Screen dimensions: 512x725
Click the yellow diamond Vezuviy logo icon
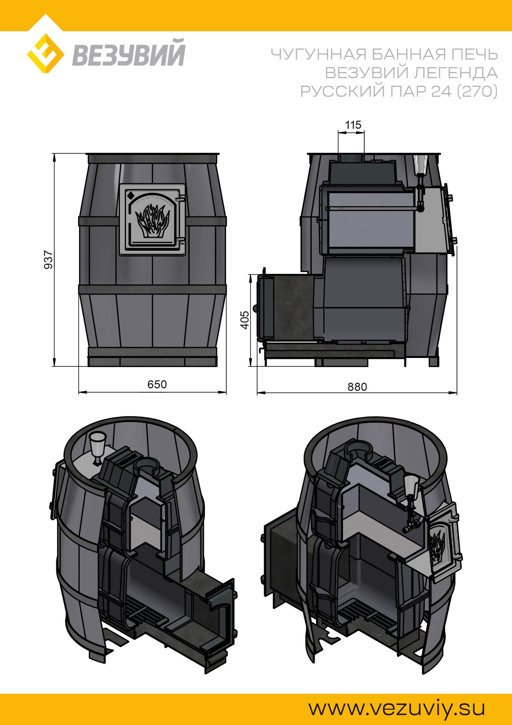tap(46, 53)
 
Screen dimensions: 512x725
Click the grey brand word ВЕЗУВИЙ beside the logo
tap(128, 52)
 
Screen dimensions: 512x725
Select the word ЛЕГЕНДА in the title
tap(455, 73)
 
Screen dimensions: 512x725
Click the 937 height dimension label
tap(48, 260)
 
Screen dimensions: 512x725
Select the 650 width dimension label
tap(157, 384)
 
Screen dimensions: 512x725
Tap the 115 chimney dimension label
tap(353, 125)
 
